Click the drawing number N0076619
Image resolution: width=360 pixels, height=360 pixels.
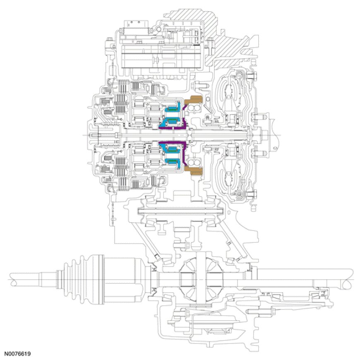(18, 354)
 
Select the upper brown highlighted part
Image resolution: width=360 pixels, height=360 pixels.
(195, 100)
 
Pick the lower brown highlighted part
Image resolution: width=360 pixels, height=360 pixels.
(195, 171)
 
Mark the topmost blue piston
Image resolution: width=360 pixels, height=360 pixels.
(171, 106)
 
